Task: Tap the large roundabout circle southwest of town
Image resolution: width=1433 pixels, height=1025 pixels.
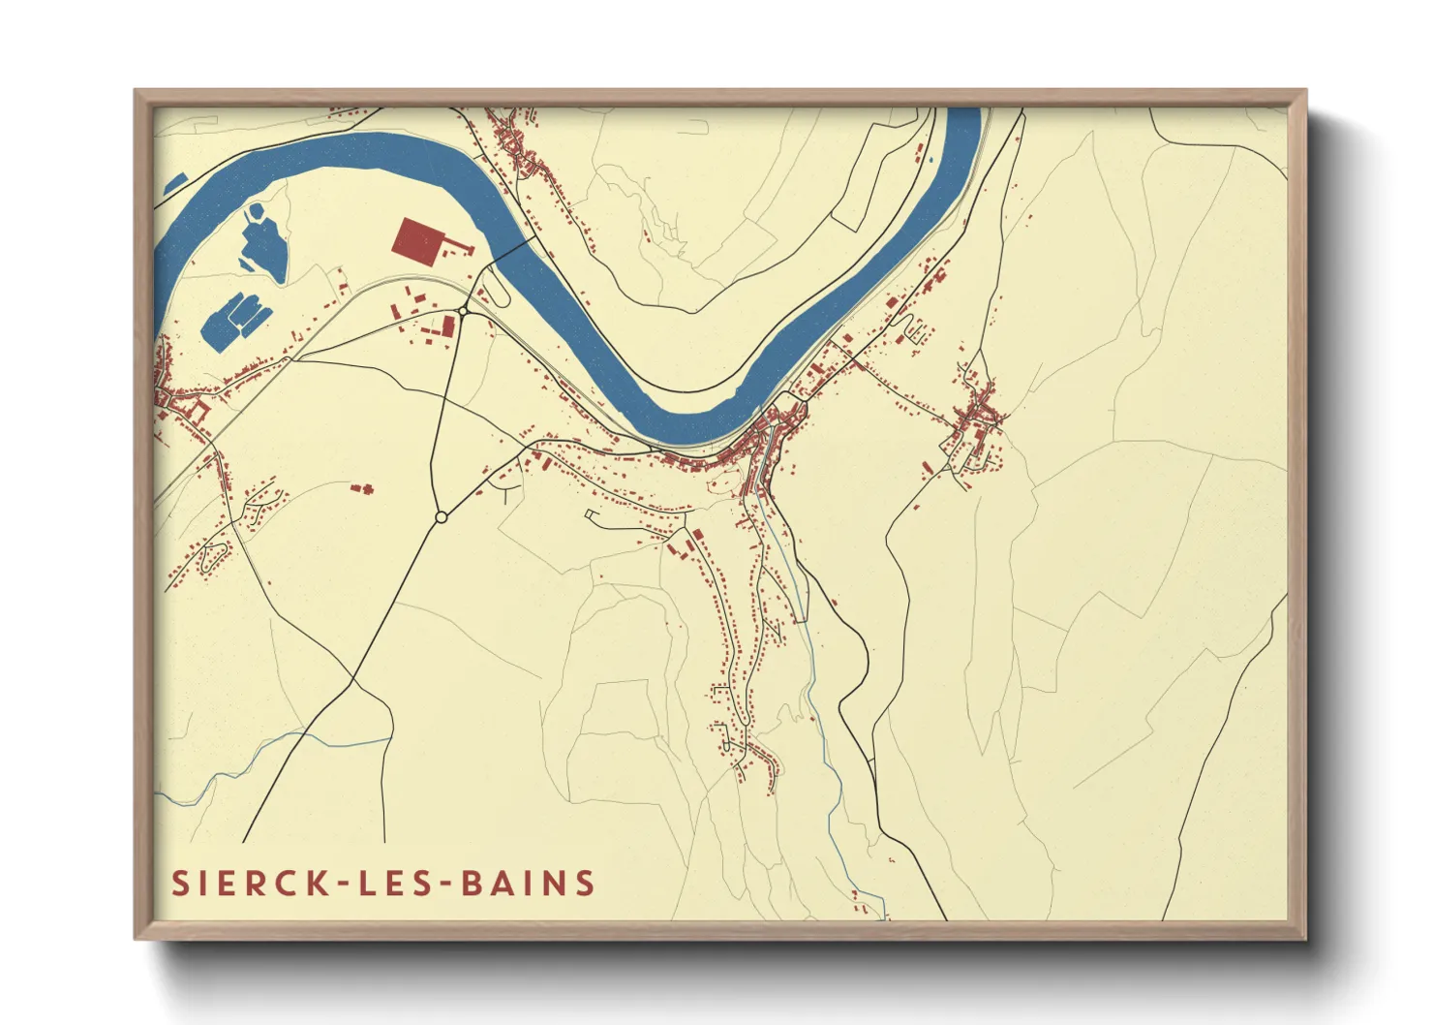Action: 442,517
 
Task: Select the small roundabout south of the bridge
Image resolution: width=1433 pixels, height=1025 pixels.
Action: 465,311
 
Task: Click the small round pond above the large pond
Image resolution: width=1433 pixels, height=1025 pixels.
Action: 257,209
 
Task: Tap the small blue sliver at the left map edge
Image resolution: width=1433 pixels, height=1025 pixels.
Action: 174,182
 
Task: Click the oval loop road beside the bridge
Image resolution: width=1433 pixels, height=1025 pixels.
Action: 493,286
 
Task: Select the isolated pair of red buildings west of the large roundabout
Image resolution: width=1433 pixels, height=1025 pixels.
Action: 362,488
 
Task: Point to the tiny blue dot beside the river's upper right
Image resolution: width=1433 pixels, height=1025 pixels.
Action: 930,158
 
